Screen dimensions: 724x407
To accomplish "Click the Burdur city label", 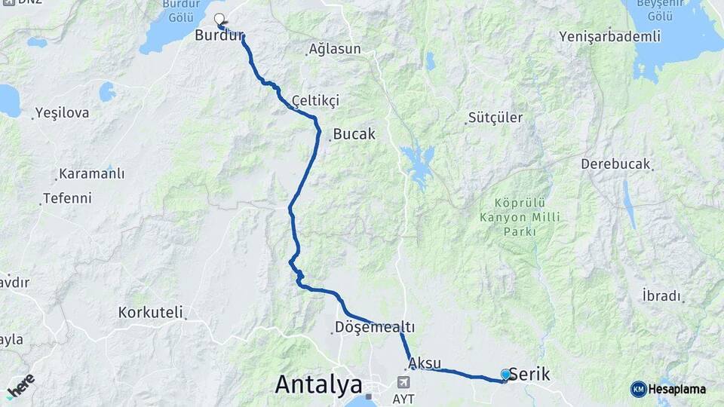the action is click(x=219, y=35).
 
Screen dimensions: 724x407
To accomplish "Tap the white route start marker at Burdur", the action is click(x=219, y=20).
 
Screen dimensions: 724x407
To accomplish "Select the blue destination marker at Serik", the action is click(x=505, y=374).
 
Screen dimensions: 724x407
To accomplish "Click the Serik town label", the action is click(x=529, y=375).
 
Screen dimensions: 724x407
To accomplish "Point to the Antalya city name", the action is click(x=318, y=384).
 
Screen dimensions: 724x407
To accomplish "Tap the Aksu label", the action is click(x=425, y=363).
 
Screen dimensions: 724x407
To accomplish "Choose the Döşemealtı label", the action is click(x=374, y=328).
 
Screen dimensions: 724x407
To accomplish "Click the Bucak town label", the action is click(x=354, y=134).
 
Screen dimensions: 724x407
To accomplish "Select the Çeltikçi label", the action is click(x=316, y=100).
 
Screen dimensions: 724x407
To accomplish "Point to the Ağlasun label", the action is click(x=334, y=50).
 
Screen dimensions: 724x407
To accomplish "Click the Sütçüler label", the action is click(x=495, y=118).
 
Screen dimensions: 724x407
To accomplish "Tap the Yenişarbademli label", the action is click(x=610, y=36).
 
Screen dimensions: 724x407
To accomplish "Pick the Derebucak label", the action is click(x=615, y=164).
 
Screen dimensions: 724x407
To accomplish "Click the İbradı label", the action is click(x=661, y=295).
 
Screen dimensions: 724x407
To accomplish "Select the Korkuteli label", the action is click(x=150, y=311).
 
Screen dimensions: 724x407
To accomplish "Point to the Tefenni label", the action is click(x=67, y=198).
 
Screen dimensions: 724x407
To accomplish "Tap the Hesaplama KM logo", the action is click(x=669, y=389).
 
